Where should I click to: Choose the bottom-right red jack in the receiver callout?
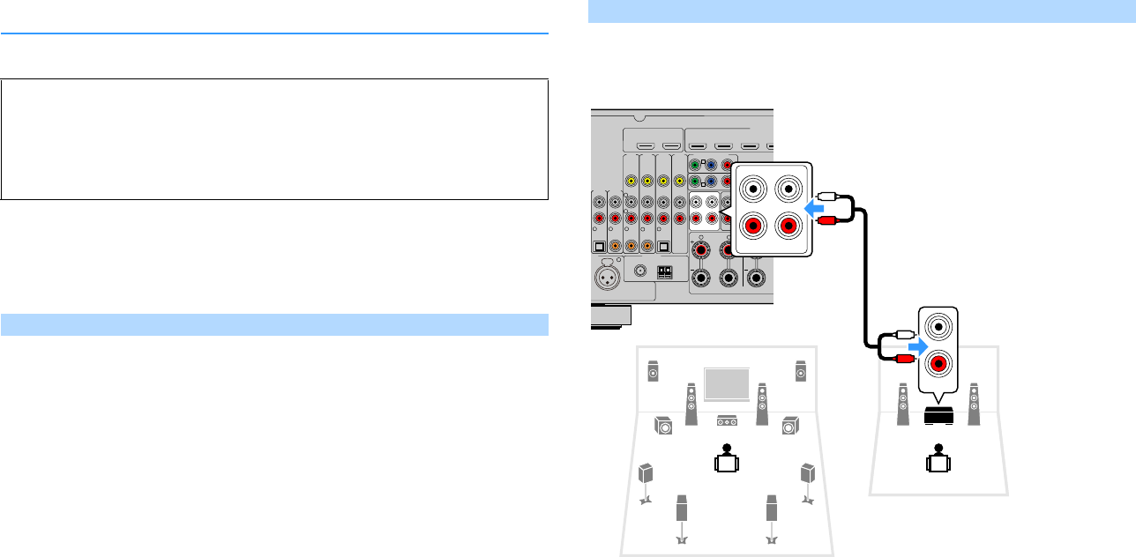[788, 225]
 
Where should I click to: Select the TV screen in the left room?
[724, 383]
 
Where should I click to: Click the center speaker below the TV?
[727, 420]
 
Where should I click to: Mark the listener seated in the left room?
[725, 457]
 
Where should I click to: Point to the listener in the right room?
[938, 457]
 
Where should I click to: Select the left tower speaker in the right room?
[902, 405]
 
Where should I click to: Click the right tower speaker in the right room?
[973, 405]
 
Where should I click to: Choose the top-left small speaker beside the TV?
[653, 371]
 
